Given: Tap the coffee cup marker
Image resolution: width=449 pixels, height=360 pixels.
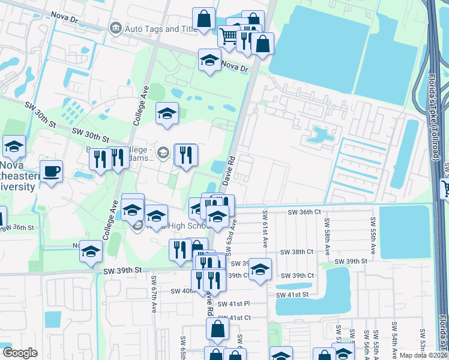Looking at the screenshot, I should (51, 172).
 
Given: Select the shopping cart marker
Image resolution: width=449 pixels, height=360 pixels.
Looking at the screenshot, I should (228, 37).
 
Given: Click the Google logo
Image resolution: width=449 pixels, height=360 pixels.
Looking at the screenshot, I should (20, 353).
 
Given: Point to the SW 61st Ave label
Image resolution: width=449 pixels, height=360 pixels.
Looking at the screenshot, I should (265, 229).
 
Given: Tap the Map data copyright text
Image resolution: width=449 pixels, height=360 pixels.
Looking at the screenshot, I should (423, 355).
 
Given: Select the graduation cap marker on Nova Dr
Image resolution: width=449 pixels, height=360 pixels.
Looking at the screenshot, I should (209, 60).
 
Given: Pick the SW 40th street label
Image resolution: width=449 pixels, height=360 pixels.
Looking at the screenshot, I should (182, 291).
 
